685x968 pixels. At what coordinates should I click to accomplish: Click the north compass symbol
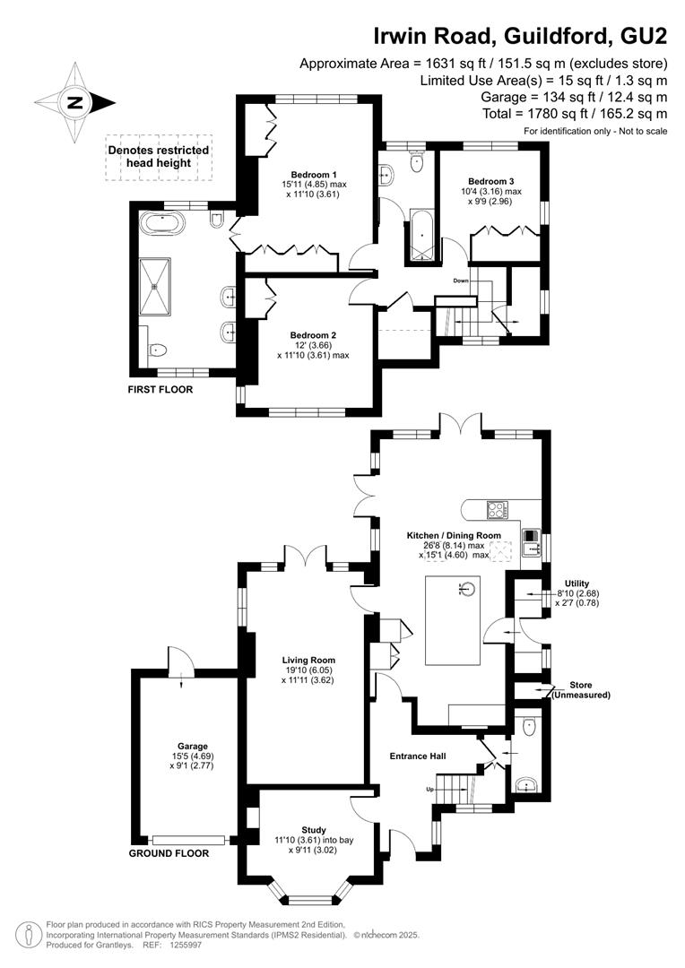(74, 102)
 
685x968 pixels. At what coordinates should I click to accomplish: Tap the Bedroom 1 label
(314, 174)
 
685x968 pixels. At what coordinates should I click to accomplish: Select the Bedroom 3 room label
(491, 181)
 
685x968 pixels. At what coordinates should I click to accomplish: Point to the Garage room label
(193, 746)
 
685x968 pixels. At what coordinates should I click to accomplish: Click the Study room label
(314, 830)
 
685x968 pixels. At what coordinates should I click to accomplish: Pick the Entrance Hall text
(418, 756)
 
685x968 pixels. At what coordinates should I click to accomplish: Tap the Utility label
(577, 583)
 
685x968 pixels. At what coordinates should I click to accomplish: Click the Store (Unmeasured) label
(581, 690)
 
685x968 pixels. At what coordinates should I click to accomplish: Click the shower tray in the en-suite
(156, 287)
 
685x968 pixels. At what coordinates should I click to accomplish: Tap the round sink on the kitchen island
(469, 589)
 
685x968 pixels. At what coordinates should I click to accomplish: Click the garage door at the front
(188, 840)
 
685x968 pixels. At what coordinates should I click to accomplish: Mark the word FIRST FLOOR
(160, 390)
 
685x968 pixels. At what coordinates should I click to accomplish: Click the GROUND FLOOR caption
(169, 853)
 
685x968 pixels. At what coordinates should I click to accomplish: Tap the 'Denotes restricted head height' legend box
(159, 157)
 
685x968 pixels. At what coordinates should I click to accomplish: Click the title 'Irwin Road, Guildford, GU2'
(520, 37)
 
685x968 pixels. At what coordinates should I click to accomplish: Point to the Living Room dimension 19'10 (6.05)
(314, 670)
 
